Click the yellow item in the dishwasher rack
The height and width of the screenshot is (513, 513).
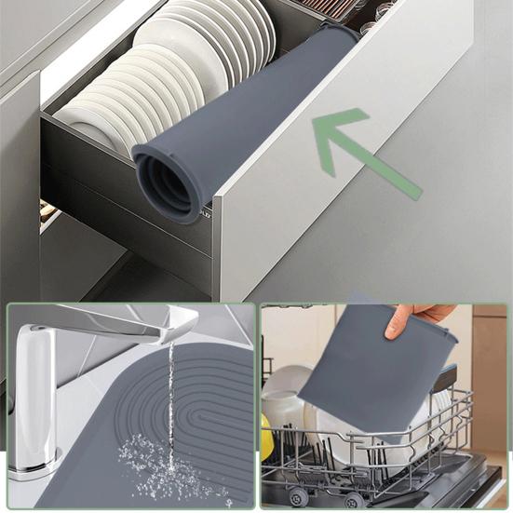[267, 438]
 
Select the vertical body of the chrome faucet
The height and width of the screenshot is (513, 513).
[35, 391]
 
